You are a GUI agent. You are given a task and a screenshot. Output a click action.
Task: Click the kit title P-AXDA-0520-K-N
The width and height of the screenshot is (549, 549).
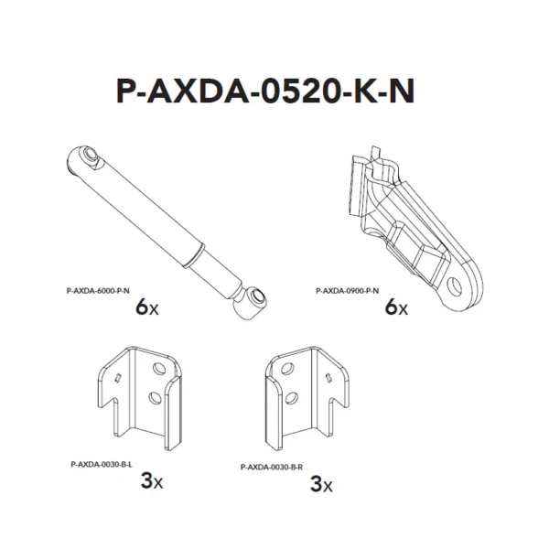[265, 91]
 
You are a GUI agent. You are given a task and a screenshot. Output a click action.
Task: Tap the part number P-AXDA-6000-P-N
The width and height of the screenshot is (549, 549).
[98, 291]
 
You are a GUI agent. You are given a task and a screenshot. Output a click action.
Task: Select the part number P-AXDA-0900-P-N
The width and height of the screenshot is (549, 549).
[347, 291]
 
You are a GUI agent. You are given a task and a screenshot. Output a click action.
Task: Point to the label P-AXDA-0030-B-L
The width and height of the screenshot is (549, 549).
[102, 465]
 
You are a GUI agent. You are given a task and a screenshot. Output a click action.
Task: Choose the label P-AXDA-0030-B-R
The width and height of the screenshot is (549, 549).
[272, 467]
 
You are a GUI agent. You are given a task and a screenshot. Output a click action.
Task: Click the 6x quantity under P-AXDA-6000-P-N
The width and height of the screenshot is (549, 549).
[147, 307]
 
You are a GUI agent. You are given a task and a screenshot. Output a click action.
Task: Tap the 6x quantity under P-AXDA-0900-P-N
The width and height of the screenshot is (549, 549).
[396, 307]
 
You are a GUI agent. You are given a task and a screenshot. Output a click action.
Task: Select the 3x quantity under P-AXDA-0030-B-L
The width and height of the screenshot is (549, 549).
[152, 480]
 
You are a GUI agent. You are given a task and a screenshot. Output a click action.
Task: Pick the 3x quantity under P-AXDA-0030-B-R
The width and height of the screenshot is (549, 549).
[321, 484]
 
